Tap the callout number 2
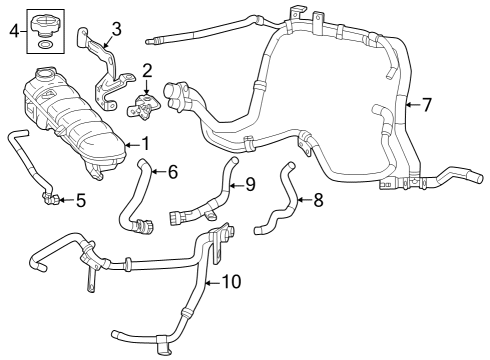(x=147, y=70)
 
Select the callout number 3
(x=117, y=29)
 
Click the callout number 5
(x=81, y=200)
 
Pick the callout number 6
(x=172, y=172)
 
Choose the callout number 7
(x=427, y=104)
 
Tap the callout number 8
(x=318, y=200)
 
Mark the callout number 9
(x=250, y=184)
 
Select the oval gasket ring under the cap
(x=45, y=45)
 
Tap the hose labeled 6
(x=134, y=200)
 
